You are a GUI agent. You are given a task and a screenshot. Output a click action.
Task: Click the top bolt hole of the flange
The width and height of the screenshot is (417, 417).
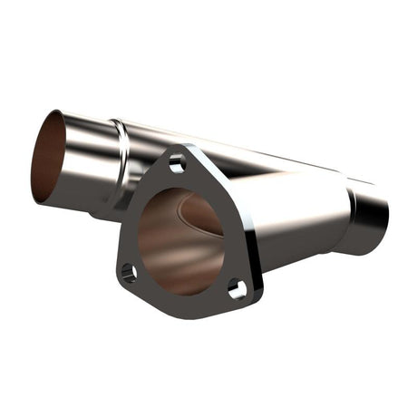point(177,164)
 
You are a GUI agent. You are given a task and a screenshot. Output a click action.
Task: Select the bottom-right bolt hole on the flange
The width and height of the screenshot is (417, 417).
point(237,290)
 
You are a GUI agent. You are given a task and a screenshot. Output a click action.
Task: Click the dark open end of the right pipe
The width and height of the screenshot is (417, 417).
point(373,215)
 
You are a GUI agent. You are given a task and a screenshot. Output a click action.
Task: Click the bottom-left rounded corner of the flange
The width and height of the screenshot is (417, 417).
point(121,280)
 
